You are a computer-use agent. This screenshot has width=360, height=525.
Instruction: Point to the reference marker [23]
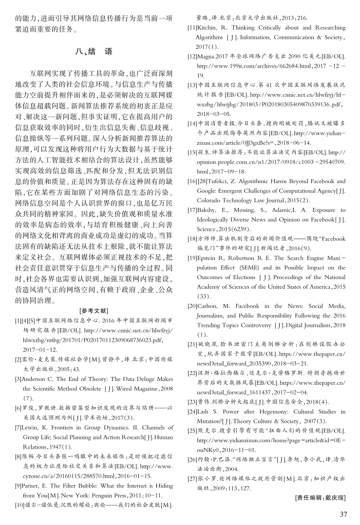(192, 402)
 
